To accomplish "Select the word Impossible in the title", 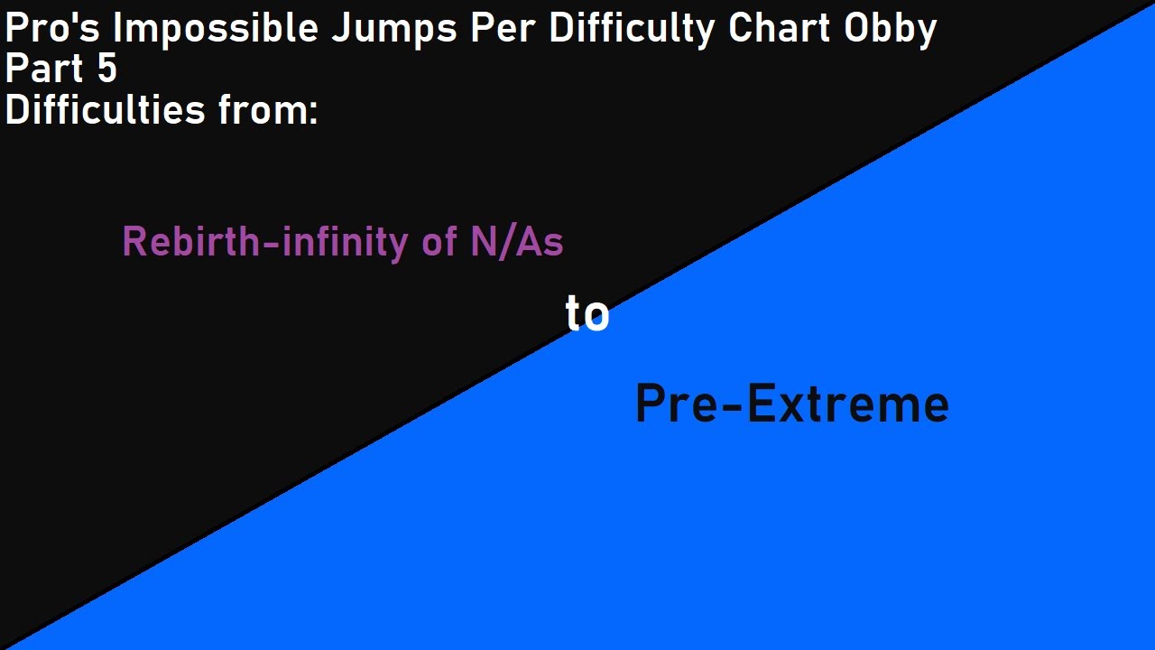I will tap(214, 30).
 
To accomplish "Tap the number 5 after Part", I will tap(106, 70).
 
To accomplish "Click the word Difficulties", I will tap(106, 110).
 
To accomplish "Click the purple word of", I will tap(439, 242).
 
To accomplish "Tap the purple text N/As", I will tap(516, 242).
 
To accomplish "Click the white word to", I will tap(587, 315).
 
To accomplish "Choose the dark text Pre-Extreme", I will tap(791, 404).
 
